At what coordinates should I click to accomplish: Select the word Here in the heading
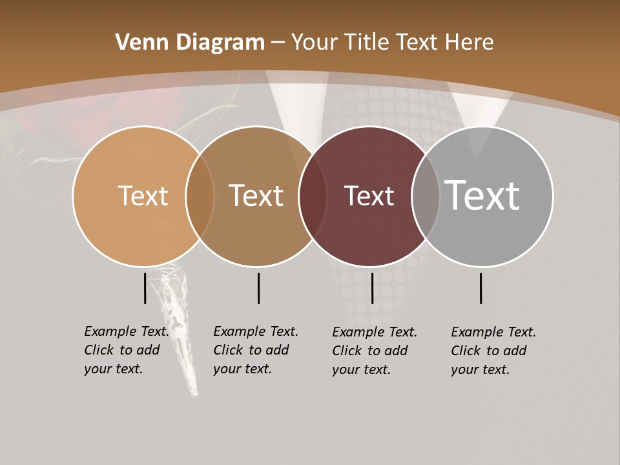click(x=469, y=43)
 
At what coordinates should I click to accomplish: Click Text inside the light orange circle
click(x=143, y=196)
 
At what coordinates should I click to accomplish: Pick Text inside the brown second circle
click(x=256, y=196)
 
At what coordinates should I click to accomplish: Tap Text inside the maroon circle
click(x=369, y=196)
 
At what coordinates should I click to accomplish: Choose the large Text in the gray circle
click(x=482, y=196)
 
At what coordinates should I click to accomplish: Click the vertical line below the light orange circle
click(x=145, y=288)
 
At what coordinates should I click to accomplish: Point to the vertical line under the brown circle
click(x=258, y=288)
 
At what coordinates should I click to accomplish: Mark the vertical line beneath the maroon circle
click(x=372, y=288)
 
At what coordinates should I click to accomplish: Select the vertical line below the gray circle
click(x=481, y=288)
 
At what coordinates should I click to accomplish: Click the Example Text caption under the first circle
click(x=126, y=350)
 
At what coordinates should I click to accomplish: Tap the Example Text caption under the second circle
click(x=255, y=350)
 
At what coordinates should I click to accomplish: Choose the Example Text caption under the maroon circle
click(x=374, y=351)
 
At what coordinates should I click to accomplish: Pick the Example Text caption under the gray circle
click(x=493, y=351)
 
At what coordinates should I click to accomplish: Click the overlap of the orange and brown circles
click(x=200, y=196)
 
